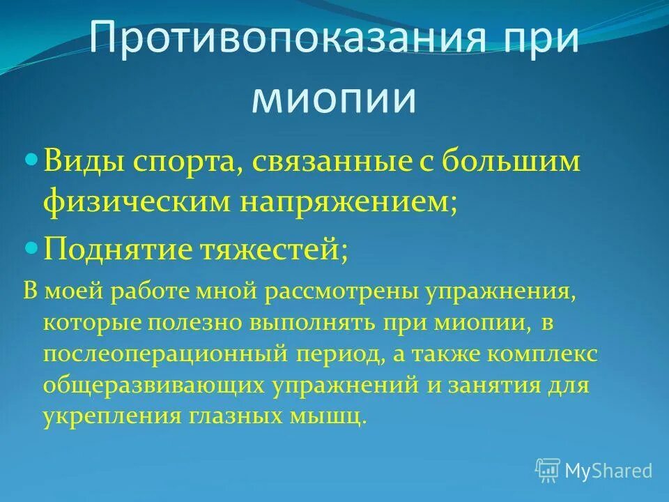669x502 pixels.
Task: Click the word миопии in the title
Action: click(334, 99)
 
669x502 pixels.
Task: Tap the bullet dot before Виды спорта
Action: click(31, 160)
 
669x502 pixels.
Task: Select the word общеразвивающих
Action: click(151, 386)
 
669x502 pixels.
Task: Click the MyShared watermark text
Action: click(608, 470)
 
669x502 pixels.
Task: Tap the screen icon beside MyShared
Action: click(548, 470)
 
